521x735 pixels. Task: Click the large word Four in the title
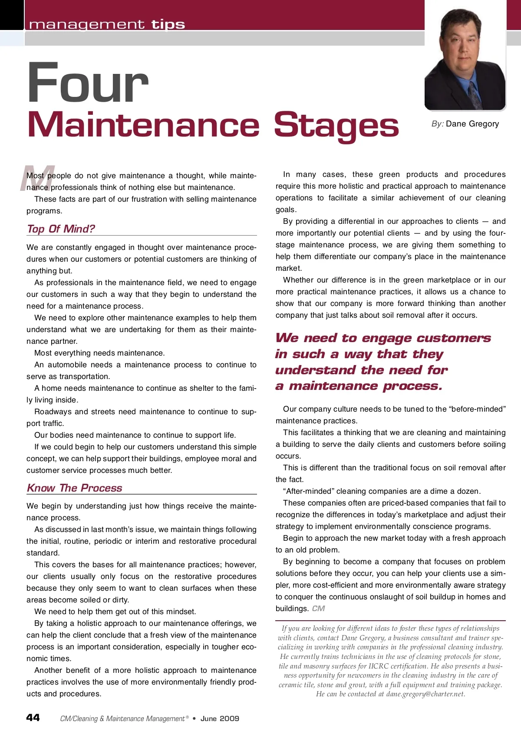[x=88, y=83]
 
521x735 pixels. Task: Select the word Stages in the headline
[x=336, y=125]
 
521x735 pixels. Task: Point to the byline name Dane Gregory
[x=472, y=124]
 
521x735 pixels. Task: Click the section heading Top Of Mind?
[x=61, y=229]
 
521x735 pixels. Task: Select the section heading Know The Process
[x=75, y=488]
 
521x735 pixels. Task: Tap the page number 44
[x=33, y=718]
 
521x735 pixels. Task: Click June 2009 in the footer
[x=220, y=718]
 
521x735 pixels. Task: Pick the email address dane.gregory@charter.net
[x=425, y=694]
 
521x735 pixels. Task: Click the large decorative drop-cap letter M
[x=38, y=178]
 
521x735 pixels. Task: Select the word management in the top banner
[x=87, y=24]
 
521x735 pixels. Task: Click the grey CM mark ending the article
[x=318, y=609]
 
